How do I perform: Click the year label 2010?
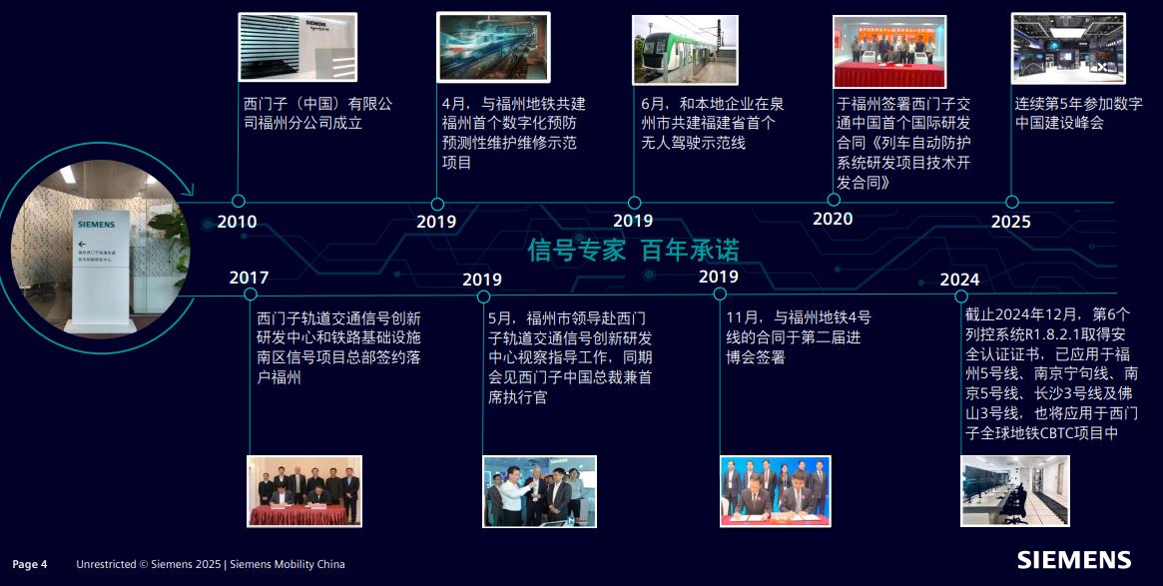(237, 222)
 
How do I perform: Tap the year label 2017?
(249, 278)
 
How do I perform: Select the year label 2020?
(833, 219)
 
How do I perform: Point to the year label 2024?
(959, 280)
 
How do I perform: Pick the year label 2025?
(1011, 222)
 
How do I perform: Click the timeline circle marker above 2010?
(238, 201)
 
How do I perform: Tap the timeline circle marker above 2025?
(1011, 202)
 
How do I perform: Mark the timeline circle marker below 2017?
(250, 294)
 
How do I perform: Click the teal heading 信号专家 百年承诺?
(634, 250)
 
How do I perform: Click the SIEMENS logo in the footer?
(1074, 560)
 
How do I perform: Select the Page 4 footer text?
(30, 564)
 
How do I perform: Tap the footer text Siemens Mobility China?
(288, 564)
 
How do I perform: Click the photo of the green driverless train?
(686, 50)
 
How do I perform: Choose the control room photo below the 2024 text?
(1014, 491)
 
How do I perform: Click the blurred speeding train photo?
(493, 47)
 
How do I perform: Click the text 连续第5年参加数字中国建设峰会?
(1078, 114)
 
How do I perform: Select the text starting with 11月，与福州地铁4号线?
(798, 337)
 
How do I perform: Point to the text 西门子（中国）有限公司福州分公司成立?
(317, 114)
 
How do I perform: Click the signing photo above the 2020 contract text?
(889, 52)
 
